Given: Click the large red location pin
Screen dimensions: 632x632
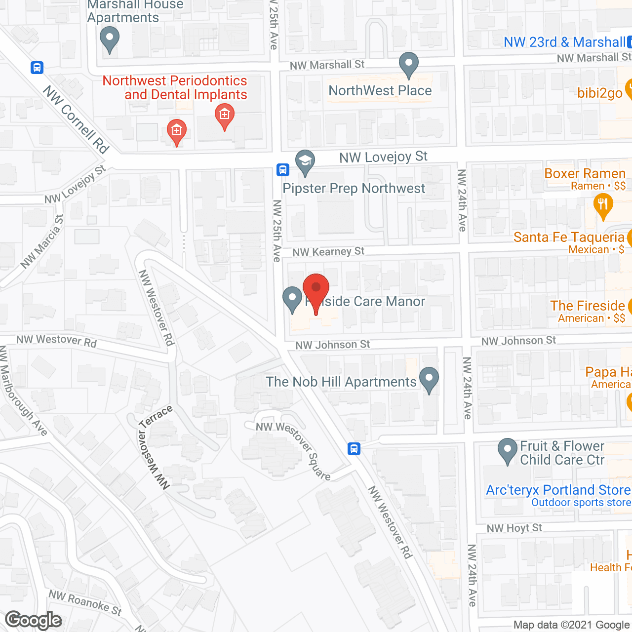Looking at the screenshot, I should (316, 291).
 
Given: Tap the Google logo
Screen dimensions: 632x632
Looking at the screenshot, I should (34, 620).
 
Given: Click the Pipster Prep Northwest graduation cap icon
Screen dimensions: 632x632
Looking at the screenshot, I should (306, 162).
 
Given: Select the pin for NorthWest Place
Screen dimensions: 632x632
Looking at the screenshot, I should (409, 64).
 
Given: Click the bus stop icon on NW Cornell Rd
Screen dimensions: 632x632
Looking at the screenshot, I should (37, 68).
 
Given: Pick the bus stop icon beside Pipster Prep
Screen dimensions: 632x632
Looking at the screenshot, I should (282, 170).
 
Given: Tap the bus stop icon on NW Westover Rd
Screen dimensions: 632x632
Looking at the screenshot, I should (354, 449).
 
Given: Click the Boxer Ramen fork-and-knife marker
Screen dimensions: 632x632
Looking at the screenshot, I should (603, 205).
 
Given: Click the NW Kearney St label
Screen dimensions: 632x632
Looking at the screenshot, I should (328, 252).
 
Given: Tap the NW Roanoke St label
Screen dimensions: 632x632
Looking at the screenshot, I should (85, 602).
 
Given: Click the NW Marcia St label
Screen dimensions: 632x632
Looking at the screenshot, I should (42, 242).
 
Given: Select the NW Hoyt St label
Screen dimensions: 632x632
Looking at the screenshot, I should (514, 528).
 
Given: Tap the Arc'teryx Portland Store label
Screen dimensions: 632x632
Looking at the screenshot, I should (558, 490).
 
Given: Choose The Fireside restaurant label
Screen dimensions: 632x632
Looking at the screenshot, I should (588, 306).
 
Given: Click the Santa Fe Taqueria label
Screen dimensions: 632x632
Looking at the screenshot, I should (569, 237).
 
